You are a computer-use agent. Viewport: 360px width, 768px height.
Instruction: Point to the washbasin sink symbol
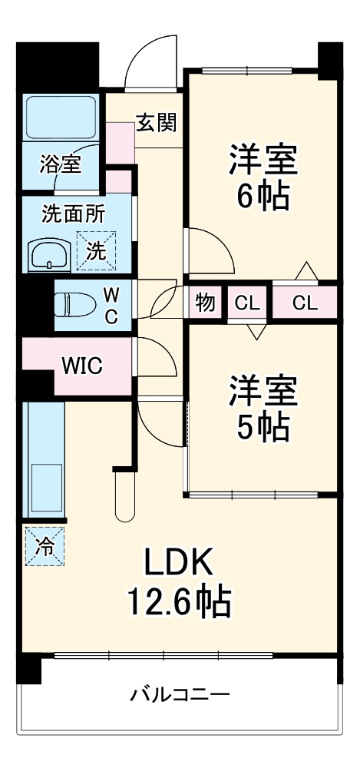tap(49, 253)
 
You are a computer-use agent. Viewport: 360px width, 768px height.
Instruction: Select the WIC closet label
tap(82, 365)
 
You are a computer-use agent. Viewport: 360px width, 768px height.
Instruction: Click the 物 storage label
tap(204, 302)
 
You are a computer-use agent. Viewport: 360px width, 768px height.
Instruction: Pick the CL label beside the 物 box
tap(247, 303)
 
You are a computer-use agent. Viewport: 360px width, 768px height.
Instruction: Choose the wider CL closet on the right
tap(304, 303)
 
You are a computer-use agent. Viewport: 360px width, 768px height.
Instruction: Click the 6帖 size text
tap(262, 197)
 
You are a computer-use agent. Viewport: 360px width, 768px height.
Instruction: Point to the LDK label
tap(179, 564)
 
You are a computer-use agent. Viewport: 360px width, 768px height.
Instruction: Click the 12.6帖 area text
tap(179, 603)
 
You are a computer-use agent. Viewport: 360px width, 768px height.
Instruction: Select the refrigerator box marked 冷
tap(45, 546)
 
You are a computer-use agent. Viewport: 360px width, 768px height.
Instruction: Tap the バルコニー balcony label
tap(179, 697)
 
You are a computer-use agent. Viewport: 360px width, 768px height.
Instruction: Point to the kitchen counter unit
tap(44, 461)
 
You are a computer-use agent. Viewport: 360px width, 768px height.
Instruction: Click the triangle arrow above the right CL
tap(306, 273)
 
